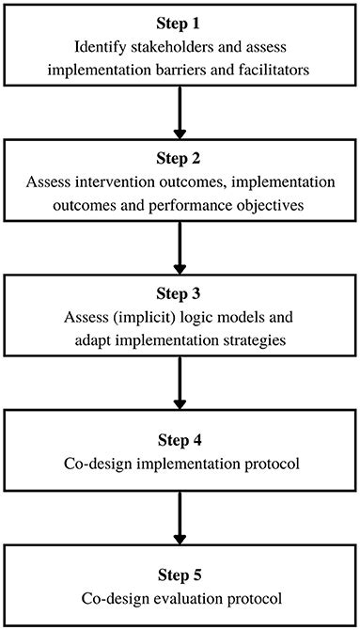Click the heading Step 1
point(180,22)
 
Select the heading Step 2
point(180,157)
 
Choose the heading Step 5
point(180,575)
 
